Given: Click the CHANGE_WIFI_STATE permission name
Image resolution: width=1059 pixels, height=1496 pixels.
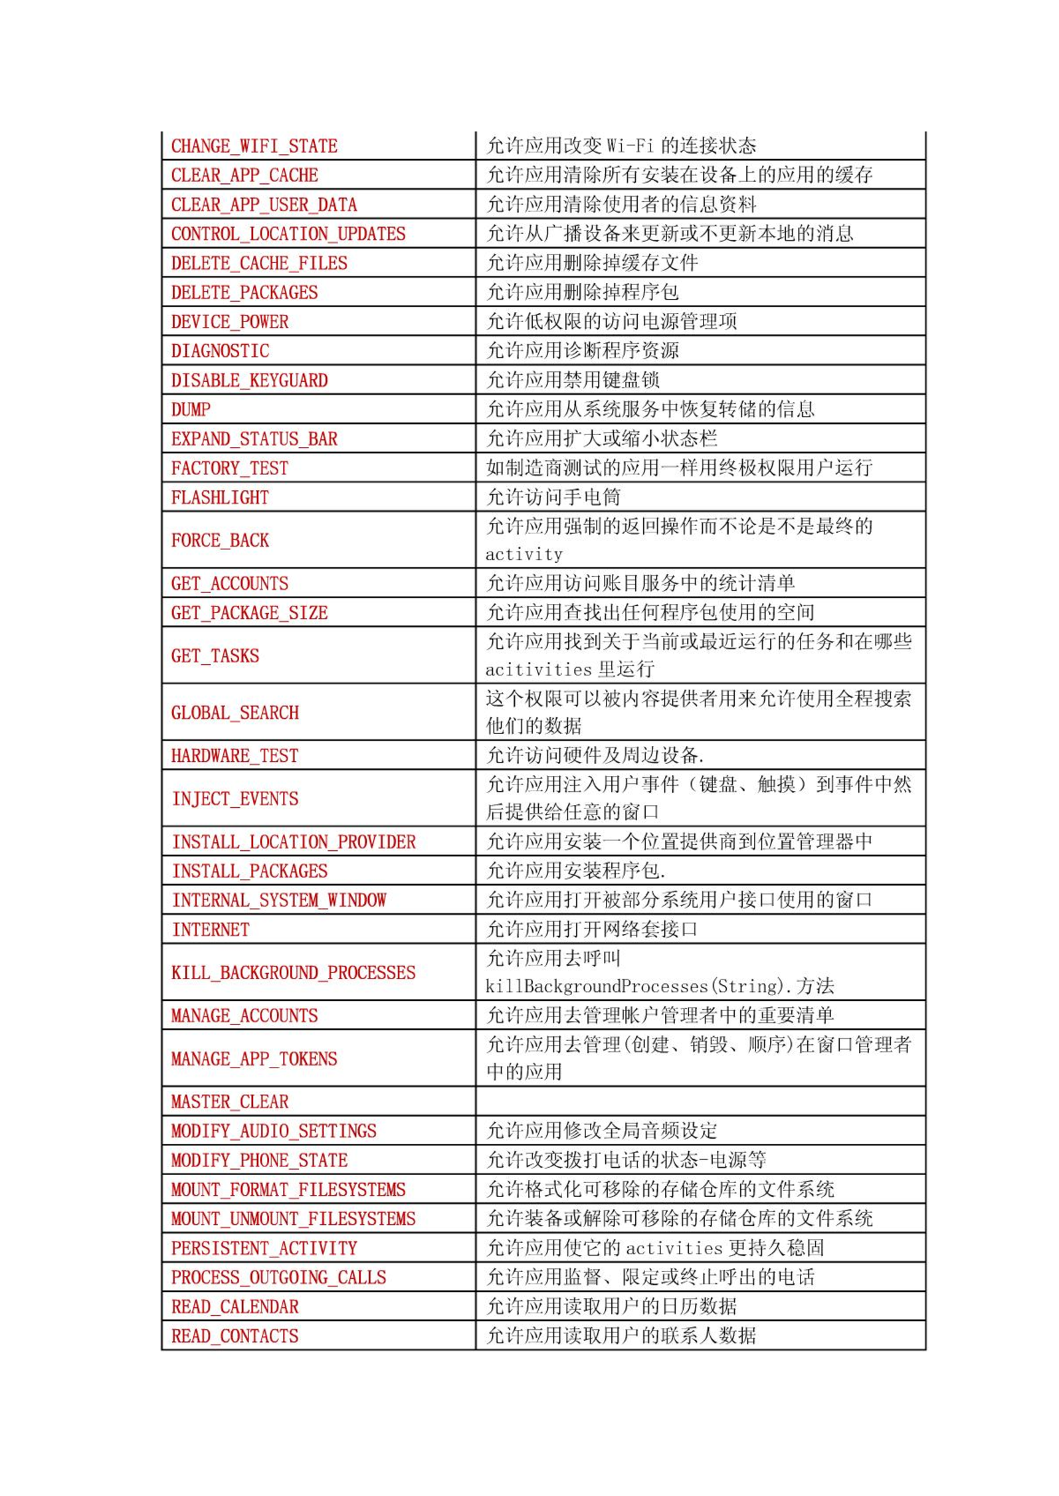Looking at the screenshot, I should tap(254, 146).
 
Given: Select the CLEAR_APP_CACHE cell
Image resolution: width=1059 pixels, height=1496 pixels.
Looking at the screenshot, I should tap(244, 175).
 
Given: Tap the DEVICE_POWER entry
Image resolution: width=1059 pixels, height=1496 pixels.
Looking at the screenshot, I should tap(230, 322).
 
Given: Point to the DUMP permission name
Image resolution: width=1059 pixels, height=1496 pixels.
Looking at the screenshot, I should tap(191, 410).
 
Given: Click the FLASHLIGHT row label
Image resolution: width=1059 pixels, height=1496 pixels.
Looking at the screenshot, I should tap(220, 498).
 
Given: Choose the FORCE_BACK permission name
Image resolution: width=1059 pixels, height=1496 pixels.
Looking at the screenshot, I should tap(220, 541).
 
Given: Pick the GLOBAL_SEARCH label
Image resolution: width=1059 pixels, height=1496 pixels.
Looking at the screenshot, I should tap(235, 713).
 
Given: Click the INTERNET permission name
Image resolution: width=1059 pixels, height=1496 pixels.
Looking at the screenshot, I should tap(211, 930).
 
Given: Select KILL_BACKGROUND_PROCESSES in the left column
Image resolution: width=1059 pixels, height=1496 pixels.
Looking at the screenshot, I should tap(293, 973).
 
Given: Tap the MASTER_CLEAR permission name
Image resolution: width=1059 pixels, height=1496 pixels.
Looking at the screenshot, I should tap(230, 1102).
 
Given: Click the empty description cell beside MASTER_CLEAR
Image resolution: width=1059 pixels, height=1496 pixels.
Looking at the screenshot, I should tap(700, 1101).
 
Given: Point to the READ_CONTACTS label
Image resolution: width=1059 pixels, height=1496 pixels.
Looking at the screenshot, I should tap(235, 1336).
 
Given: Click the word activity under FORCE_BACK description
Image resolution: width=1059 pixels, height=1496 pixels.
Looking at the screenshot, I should tap(524, 555).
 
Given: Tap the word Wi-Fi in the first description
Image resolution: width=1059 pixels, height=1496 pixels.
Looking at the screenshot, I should tap(630, 145).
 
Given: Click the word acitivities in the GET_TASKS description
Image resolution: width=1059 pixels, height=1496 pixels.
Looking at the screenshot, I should tap(538, 670).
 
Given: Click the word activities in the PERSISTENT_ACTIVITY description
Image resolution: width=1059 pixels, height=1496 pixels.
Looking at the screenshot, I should tap(674, 1248).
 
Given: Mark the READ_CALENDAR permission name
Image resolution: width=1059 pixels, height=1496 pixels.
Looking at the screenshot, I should tap(235, 1307).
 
